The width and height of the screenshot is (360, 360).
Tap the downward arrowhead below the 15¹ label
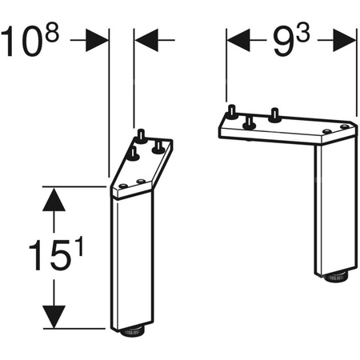point(54,317)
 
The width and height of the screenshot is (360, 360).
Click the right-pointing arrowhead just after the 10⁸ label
point(97,38)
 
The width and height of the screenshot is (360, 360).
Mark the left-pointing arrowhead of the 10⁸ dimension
point(146,38)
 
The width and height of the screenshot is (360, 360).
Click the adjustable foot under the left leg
point(130,330)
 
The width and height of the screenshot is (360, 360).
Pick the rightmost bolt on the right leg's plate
point(276,113)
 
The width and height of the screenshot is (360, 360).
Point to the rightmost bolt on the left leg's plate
point(158,145)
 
